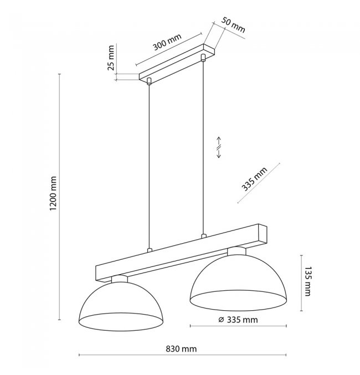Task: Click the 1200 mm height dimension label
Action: coord(53,193)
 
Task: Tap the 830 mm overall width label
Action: coord(181,349)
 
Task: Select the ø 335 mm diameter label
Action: coord(238,320)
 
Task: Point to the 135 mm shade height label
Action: coord(307,281)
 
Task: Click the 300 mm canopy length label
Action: coord(167,42)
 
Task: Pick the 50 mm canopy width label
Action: coord(233,24)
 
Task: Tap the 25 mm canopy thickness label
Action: coord(111,58)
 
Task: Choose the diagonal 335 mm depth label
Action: coord(254,179)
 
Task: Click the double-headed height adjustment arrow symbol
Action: coord(219,147)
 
